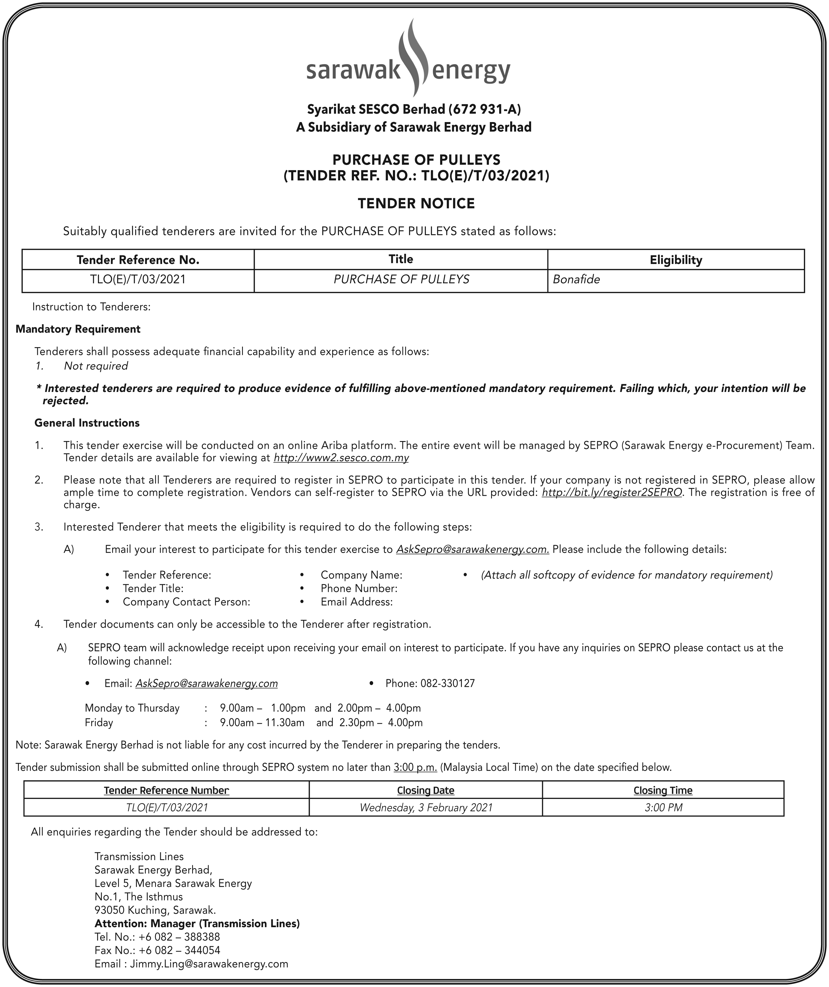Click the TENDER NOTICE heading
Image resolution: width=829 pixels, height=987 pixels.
point(416,204)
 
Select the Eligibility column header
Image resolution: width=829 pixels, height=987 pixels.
point(676,260)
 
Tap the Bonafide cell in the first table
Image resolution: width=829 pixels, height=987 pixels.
point(576,280)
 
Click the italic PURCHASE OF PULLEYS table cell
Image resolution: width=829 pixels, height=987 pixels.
point(401,280)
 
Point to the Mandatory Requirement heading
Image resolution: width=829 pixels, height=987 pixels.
point(78,329)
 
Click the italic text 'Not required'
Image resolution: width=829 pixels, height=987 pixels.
point(96,366)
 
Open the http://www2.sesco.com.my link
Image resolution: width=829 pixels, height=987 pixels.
point(341,458)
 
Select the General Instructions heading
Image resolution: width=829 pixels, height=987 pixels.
point(87,423)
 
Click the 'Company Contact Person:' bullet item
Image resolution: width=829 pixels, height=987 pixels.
point(186,602)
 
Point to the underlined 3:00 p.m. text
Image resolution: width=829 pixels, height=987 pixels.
point(415,768)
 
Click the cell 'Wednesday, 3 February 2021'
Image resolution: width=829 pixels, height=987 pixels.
point(426,808)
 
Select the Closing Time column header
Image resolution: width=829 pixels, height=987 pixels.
point(663,791)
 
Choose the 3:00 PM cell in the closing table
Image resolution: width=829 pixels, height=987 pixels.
point(663,808)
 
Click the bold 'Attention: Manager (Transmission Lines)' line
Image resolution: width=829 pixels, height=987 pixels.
point(197,923)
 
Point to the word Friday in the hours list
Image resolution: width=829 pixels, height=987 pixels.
point(99,722)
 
